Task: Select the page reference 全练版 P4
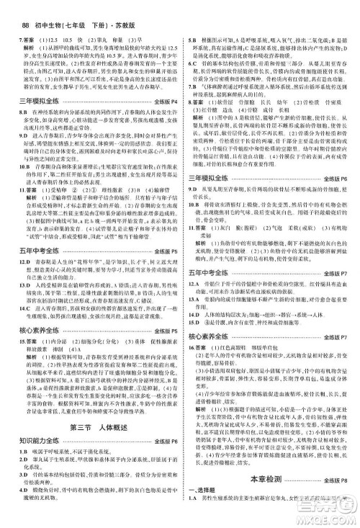pyautogui.click(x=162, y=104)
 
